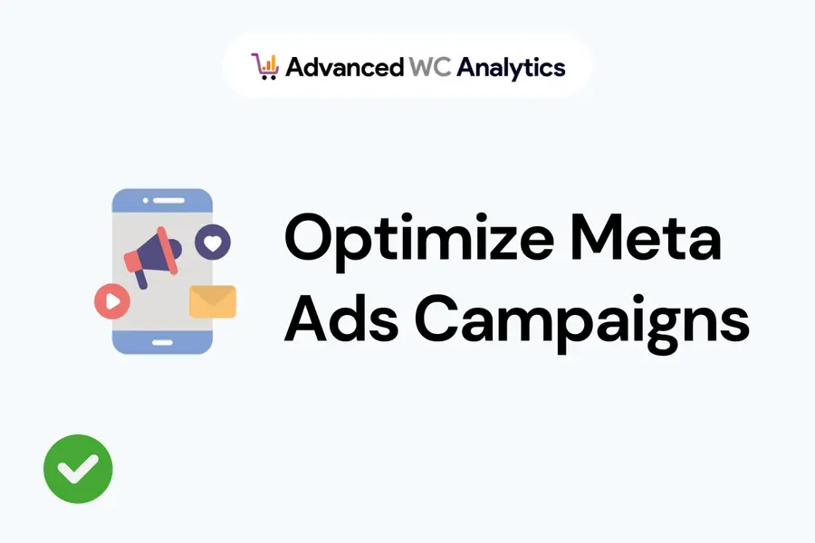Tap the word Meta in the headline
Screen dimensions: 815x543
646,236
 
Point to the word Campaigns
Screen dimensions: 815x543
582,323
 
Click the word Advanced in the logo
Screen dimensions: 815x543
345,68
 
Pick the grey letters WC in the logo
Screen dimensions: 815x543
430,67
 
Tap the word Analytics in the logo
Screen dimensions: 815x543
511,69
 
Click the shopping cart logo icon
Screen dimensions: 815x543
265,66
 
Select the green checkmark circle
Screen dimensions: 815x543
78,469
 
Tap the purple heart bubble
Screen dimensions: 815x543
213,243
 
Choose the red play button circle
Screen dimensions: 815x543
111,301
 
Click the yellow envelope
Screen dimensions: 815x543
213,301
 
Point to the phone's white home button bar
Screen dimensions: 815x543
162,342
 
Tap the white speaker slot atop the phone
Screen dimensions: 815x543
168,201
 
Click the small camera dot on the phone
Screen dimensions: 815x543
146,201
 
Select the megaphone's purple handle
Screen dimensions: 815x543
141,279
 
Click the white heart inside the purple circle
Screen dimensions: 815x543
213,243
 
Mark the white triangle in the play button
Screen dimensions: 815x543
113,301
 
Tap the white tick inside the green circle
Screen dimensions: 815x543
78,468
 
